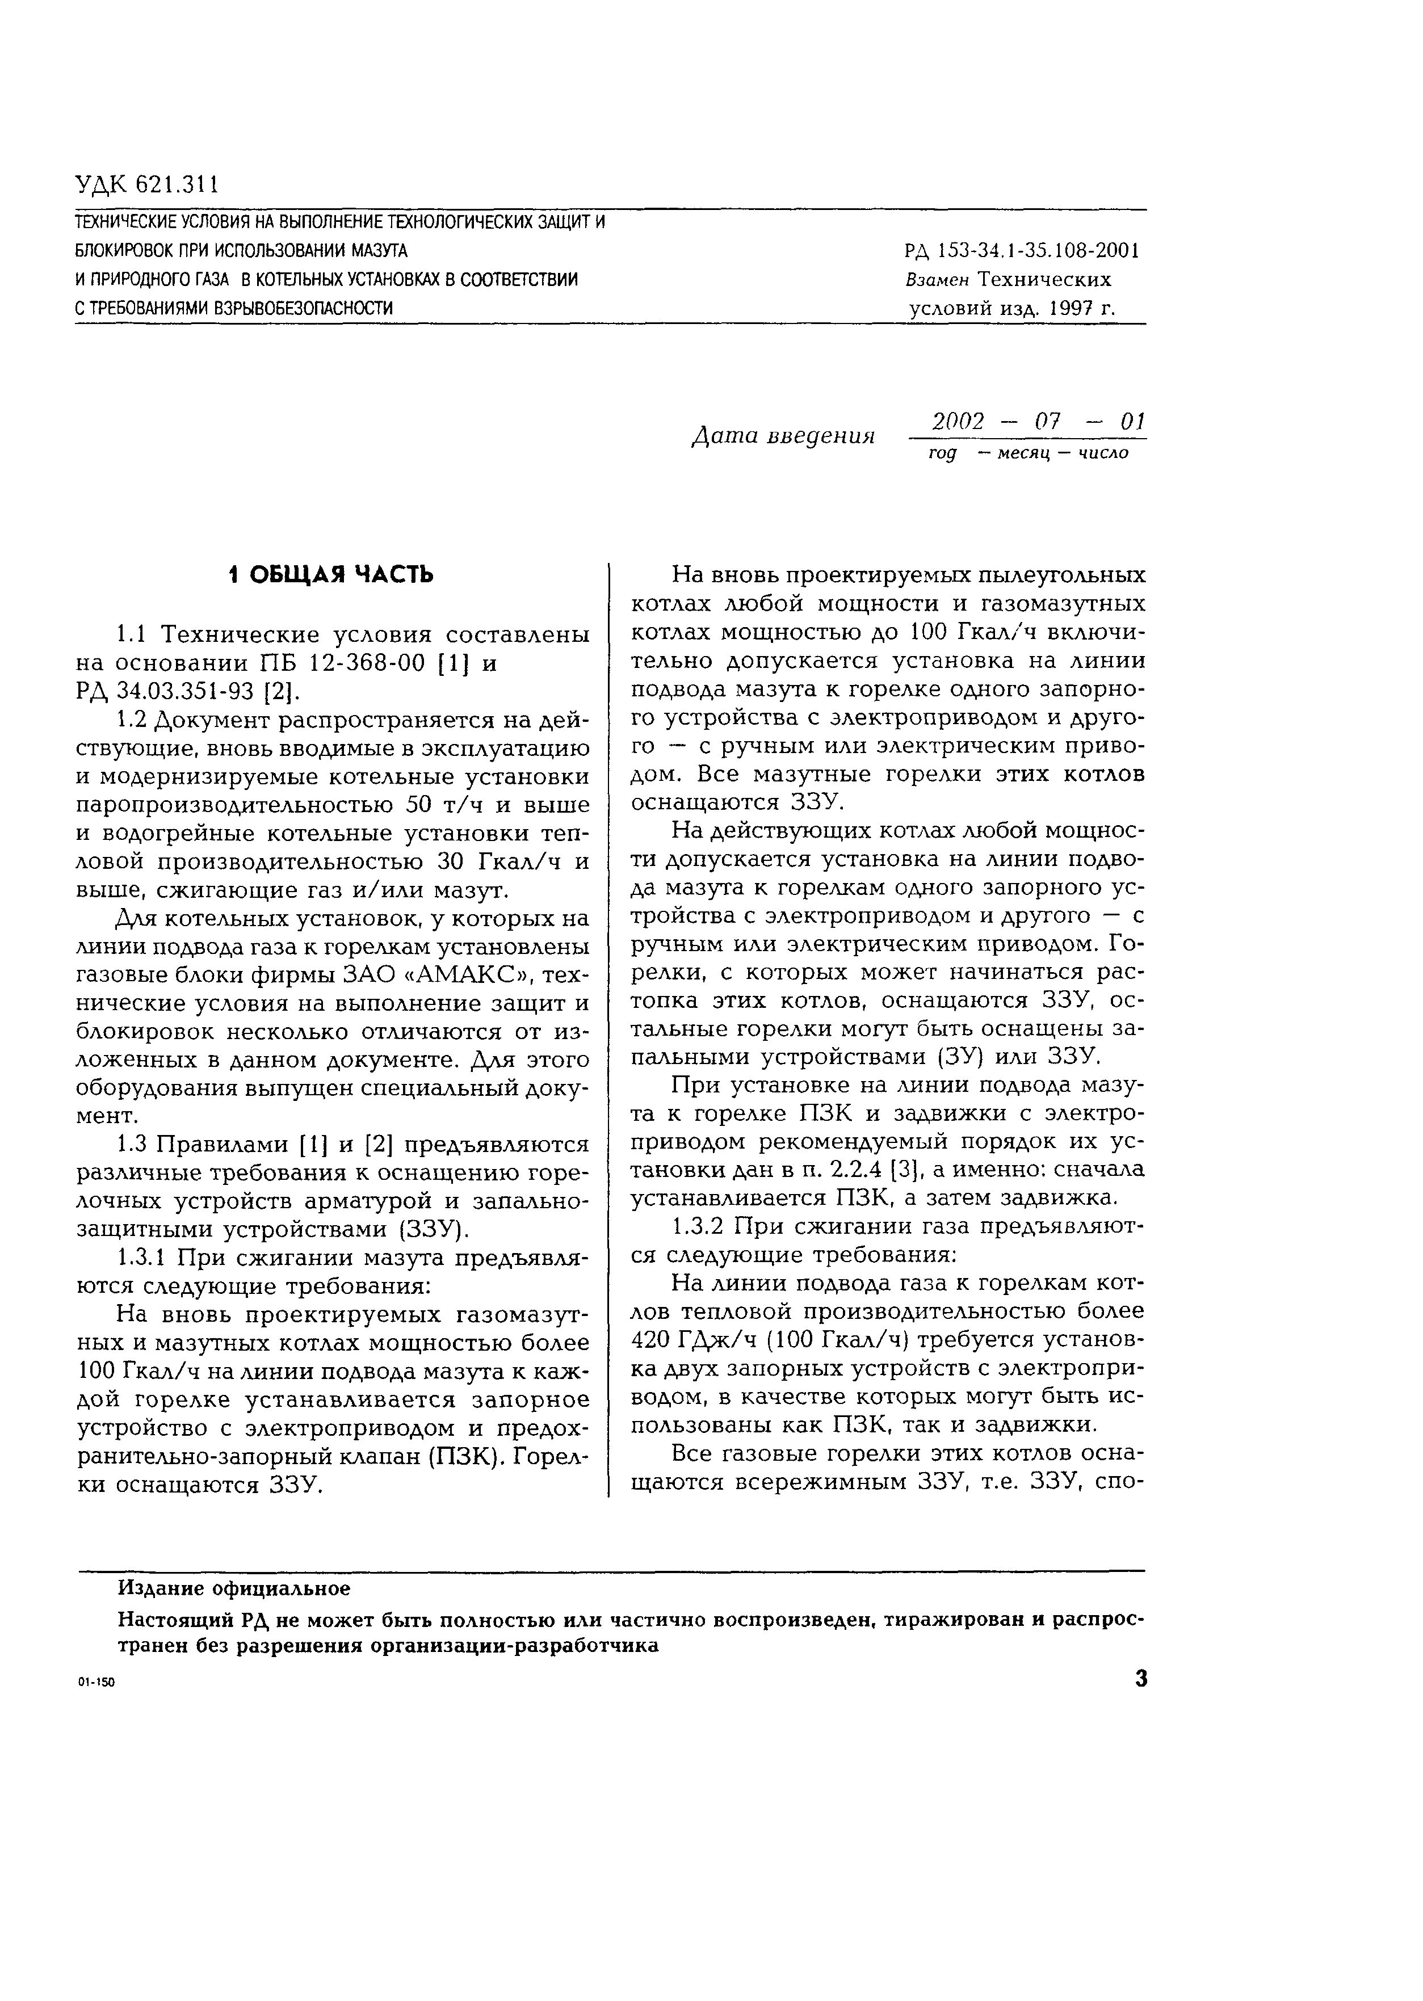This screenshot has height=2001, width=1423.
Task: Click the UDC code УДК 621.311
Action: coord(146,185)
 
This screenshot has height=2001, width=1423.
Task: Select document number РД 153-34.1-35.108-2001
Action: coord(1022,251)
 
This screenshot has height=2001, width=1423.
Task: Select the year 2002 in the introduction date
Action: coord(959,422)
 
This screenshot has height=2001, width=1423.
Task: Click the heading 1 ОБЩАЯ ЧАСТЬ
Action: coord(330,575)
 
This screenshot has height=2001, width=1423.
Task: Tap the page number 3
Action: coord(1140,1679)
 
